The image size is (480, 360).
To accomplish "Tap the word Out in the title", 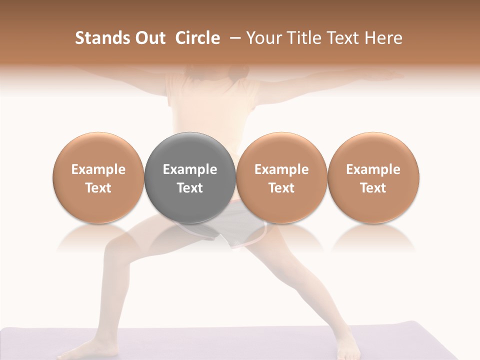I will point(148,38).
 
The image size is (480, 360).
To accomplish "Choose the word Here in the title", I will point(382,38).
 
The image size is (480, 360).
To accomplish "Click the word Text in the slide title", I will point(340,38).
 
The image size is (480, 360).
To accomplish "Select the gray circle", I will point(189,150).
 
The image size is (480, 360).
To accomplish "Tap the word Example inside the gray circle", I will point(189,169).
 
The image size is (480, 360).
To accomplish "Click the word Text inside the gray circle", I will point(189,188).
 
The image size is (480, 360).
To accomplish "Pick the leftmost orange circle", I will point(98,150).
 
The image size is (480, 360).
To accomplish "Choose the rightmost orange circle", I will point(373,150).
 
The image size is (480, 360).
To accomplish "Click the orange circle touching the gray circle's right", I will point(281,150).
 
